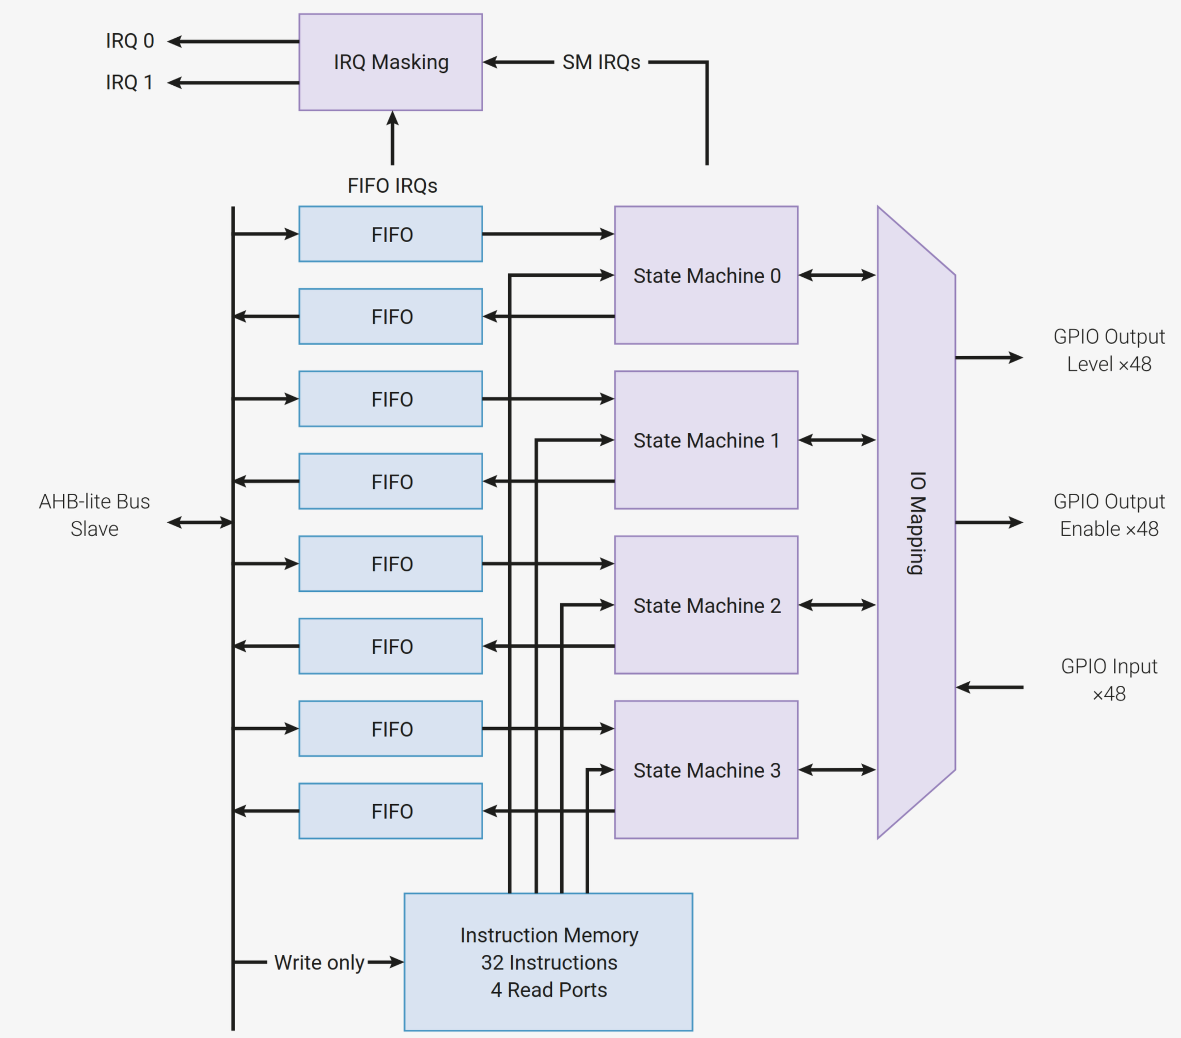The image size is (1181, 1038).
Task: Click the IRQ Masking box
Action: (x=391, y=62)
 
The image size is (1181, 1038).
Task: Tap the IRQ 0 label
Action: (x=130, y=41)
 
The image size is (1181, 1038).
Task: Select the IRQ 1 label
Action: (x=129, y=82)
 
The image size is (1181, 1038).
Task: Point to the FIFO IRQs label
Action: (x=392, y=186)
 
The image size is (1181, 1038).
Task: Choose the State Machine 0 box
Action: (x=706, y=275)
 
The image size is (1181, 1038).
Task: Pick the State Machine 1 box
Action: (x=706, y=440)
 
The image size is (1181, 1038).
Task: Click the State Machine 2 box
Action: (x=706, y=605)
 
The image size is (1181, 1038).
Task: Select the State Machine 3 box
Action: (x=706, y=770)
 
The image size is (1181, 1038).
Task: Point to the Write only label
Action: (x=319, y=963)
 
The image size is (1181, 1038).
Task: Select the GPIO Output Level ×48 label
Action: (x=1109, y=350)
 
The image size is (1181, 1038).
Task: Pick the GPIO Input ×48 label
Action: (x=1109, y=680)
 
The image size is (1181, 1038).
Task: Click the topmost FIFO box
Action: (x=391, y=234)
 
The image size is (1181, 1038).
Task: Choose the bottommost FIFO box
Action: (x=391, y=811)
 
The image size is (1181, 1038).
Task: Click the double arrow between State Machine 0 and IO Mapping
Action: (x=837, y=275)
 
